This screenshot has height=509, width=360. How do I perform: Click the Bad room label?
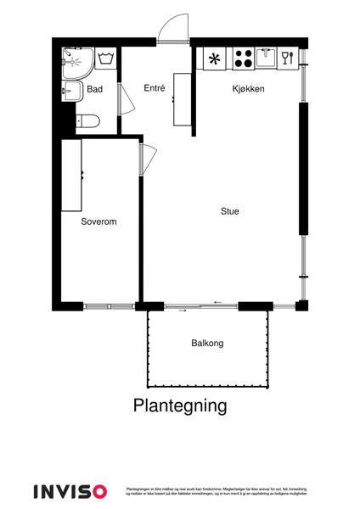(95, 88)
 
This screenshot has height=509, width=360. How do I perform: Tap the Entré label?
(154, 87)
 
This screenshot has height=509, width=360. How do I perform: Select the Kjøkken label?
(250, 88)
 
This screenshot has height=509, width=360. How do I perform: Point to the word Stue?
(230, 212)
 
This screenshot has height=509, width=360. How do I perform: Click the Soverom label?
(98, 221)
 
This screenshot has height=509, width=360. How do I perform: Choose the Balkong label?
(207, 344)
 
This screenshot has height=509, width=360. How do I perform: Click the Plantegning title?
(180, 406)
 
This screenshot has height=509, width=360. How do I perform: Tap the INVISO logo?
(70, 490)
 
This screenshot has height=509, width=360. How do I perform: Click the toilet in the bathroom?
(87, 121)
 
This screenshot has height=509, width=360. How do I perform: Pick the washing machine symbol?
(107, 59)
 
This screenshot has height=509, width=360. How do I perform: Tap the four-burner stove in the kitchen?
(243, 59)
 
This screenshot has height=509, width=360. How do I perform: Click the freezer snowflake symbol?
(213, 59)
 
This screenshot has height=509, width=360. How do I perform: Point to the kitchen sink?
(266, 58)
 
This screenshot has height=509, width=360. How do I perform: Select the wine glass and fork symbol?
(287, 58)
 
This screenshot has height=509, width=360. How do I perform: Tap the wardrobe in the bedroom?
(71, 175)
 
